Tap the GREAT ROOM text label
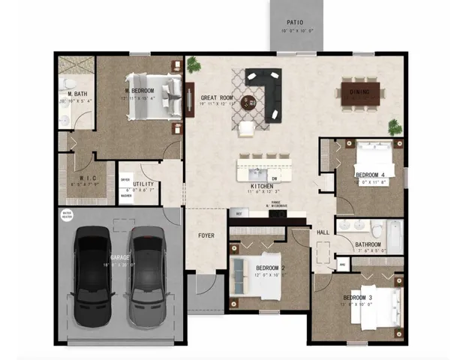coord(218,97)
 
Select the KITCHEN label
coord(262,185)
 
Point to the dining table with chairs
coord(363,93)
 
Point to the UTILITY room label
coord(143,184)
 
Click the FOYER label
coord(206,235)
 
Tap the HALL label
coord(323,232)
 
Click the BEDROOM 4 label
coord(370,175)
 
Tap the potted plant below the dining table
coord(395,127)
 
